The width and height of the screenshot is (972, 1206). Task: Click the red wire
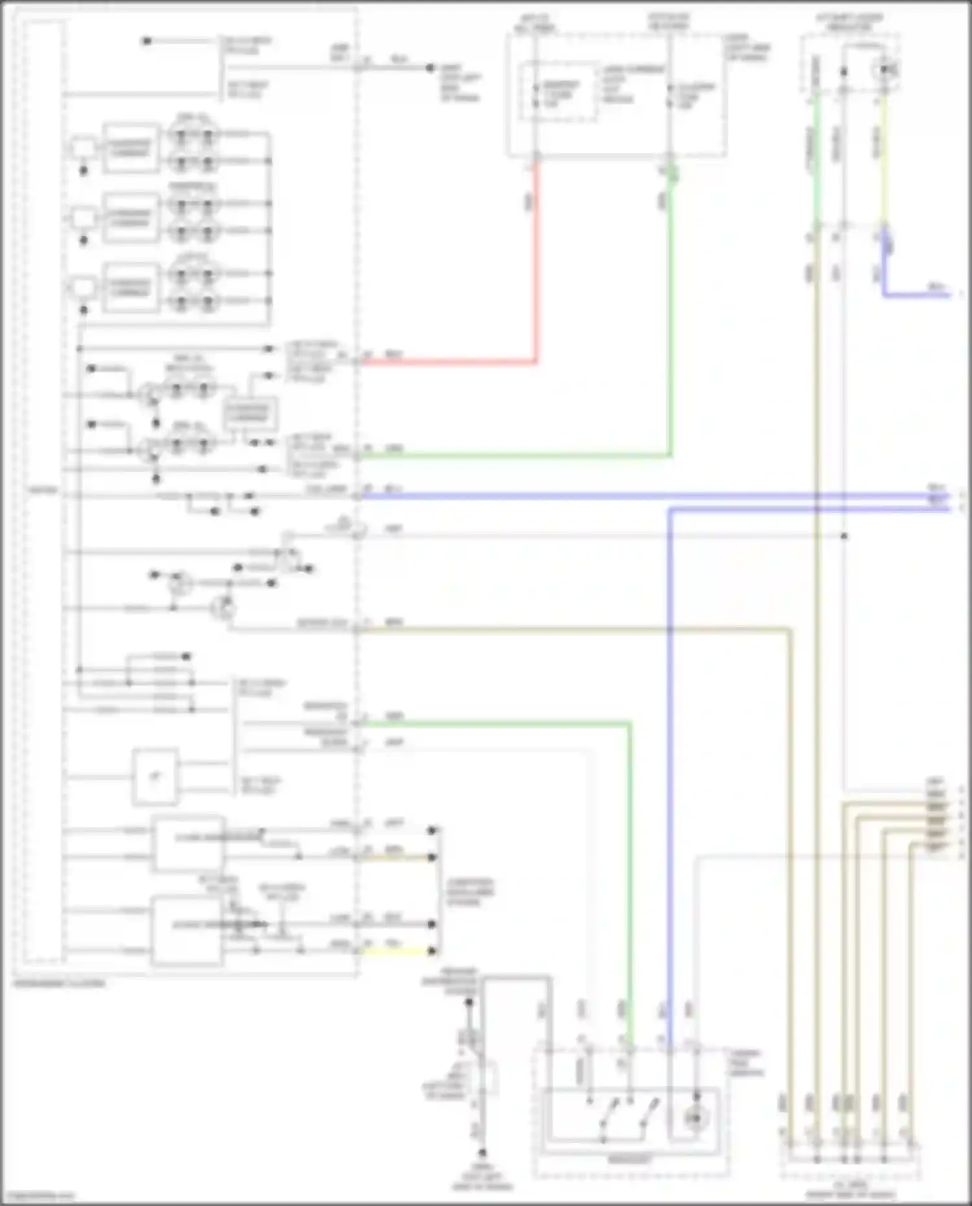click(x=537, y=259)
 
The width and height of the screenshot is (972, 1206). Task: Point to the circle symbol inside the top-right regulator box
click(x=886, y=69)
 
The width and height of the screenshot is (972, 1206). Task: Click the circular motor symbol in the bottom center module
click(x=695, y=1118)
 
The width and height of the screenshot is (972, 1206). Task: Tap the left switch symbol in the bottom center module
click(x=609, y=1115)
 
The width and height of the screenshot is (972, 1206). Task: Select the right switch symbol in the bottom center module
click(x=648, y=1115)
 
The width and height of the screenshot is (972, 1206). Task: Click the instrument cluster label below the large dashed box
click(x=58, y=983)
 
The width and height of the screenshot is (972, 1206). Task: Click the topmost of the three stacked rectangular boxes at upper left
click(x=131, y=148)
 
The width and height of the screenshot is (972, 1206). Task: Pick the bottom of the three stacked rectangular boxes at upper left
click(x=131, y=287)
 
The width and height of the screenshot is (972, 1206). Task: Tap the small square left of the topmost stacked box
click(x=83, y=148)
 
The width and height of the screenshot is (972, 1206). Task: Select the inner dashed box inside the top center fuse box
click(x=559, y=92)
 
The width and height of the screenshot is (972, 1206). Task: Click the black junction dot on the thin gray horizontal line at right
click(x=844, y=536)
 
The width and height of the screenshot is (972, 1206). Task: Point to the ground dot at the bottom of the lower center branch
click(x=482, y=1153)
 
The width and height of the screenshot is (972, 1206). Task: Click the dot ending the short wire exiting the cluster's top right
click(x=430, y=67)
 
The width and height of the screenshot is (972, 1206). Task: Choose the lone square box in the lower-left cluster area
click(x=156, y=776)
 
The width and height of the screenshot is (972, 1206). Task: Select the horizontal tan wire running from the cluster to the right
click(x=570, y=629)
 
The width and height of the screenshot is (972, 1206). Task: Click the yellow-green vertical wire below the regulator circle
click(x=884, y=162)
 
